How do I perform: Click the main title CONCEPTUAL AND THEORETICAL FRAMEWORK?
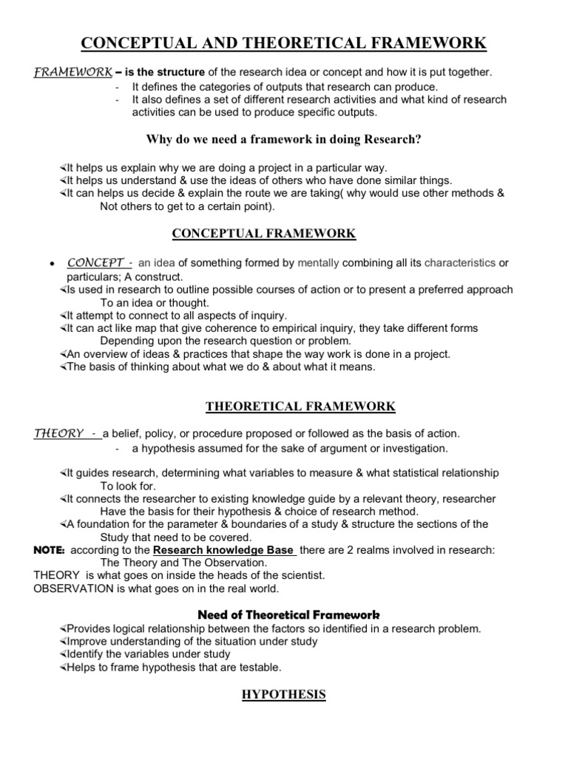(x=284, y=44)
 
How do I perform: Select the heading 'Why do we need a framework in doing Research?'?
(x=283, y=139)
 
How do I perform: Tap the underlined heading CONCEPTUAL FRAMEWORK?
(x=264, y=234)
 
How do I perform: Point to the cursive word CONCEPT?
(x=96, y=262)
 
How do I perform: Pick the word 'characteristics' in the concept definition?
(x=459, y=262)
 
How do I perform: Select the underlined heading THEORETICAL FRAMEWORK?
(x=300, y=407)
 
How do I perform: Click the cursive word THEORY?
(x=58, y=434)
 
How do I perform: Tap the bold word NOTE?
(x=50, y=551)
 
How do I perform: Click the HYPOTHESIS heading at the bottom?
(x=284, y=695)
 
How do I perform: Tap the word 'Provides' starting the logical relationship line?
(x=88, y=629)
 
